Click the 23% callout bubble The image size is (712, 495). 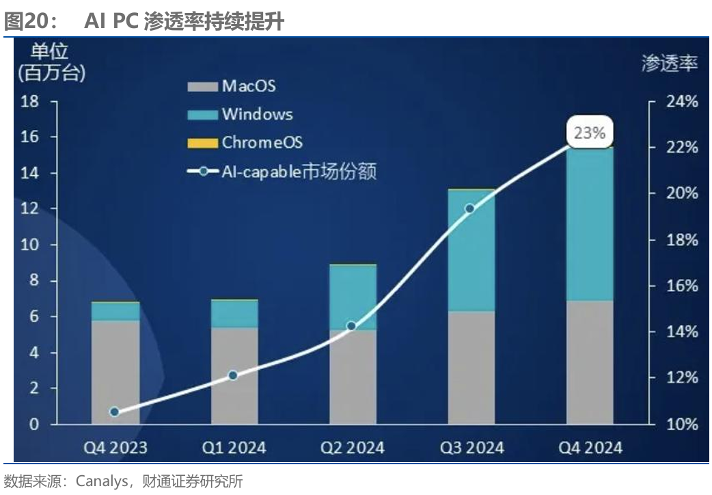click(590, 133)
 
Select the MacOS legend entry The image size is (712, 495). click(232, 86)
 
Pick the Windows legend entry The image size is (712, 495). click(240, 114)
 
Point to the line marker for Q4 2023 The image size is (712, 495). click(114, 412)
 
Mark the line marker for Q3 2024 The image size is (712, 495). click(469, 209)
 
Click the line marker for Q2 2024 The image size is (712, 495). click(351, 326)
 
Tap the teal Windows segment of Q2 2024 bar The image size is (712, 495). click(353, 297)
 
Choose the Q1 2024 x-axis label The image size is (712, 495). click(234, 448)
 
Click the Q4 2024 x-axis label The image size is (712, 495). click(590, 448)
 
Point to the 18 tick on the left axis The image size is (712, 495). click(30, 102)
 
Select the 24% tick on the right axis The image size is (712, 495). click(683, 102)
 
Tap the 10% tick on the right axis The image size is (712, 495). click(683, 424)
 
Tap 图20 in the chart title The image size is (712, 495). click(25, 22)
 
